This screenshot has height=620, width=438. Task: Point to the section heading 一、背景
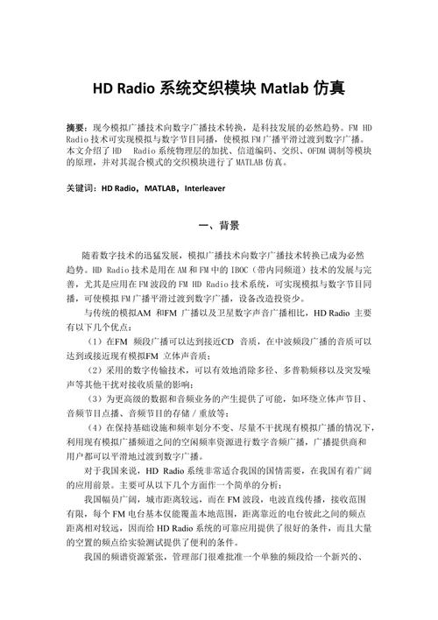219,226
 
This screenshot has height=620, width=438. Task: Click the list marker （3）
95,400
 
